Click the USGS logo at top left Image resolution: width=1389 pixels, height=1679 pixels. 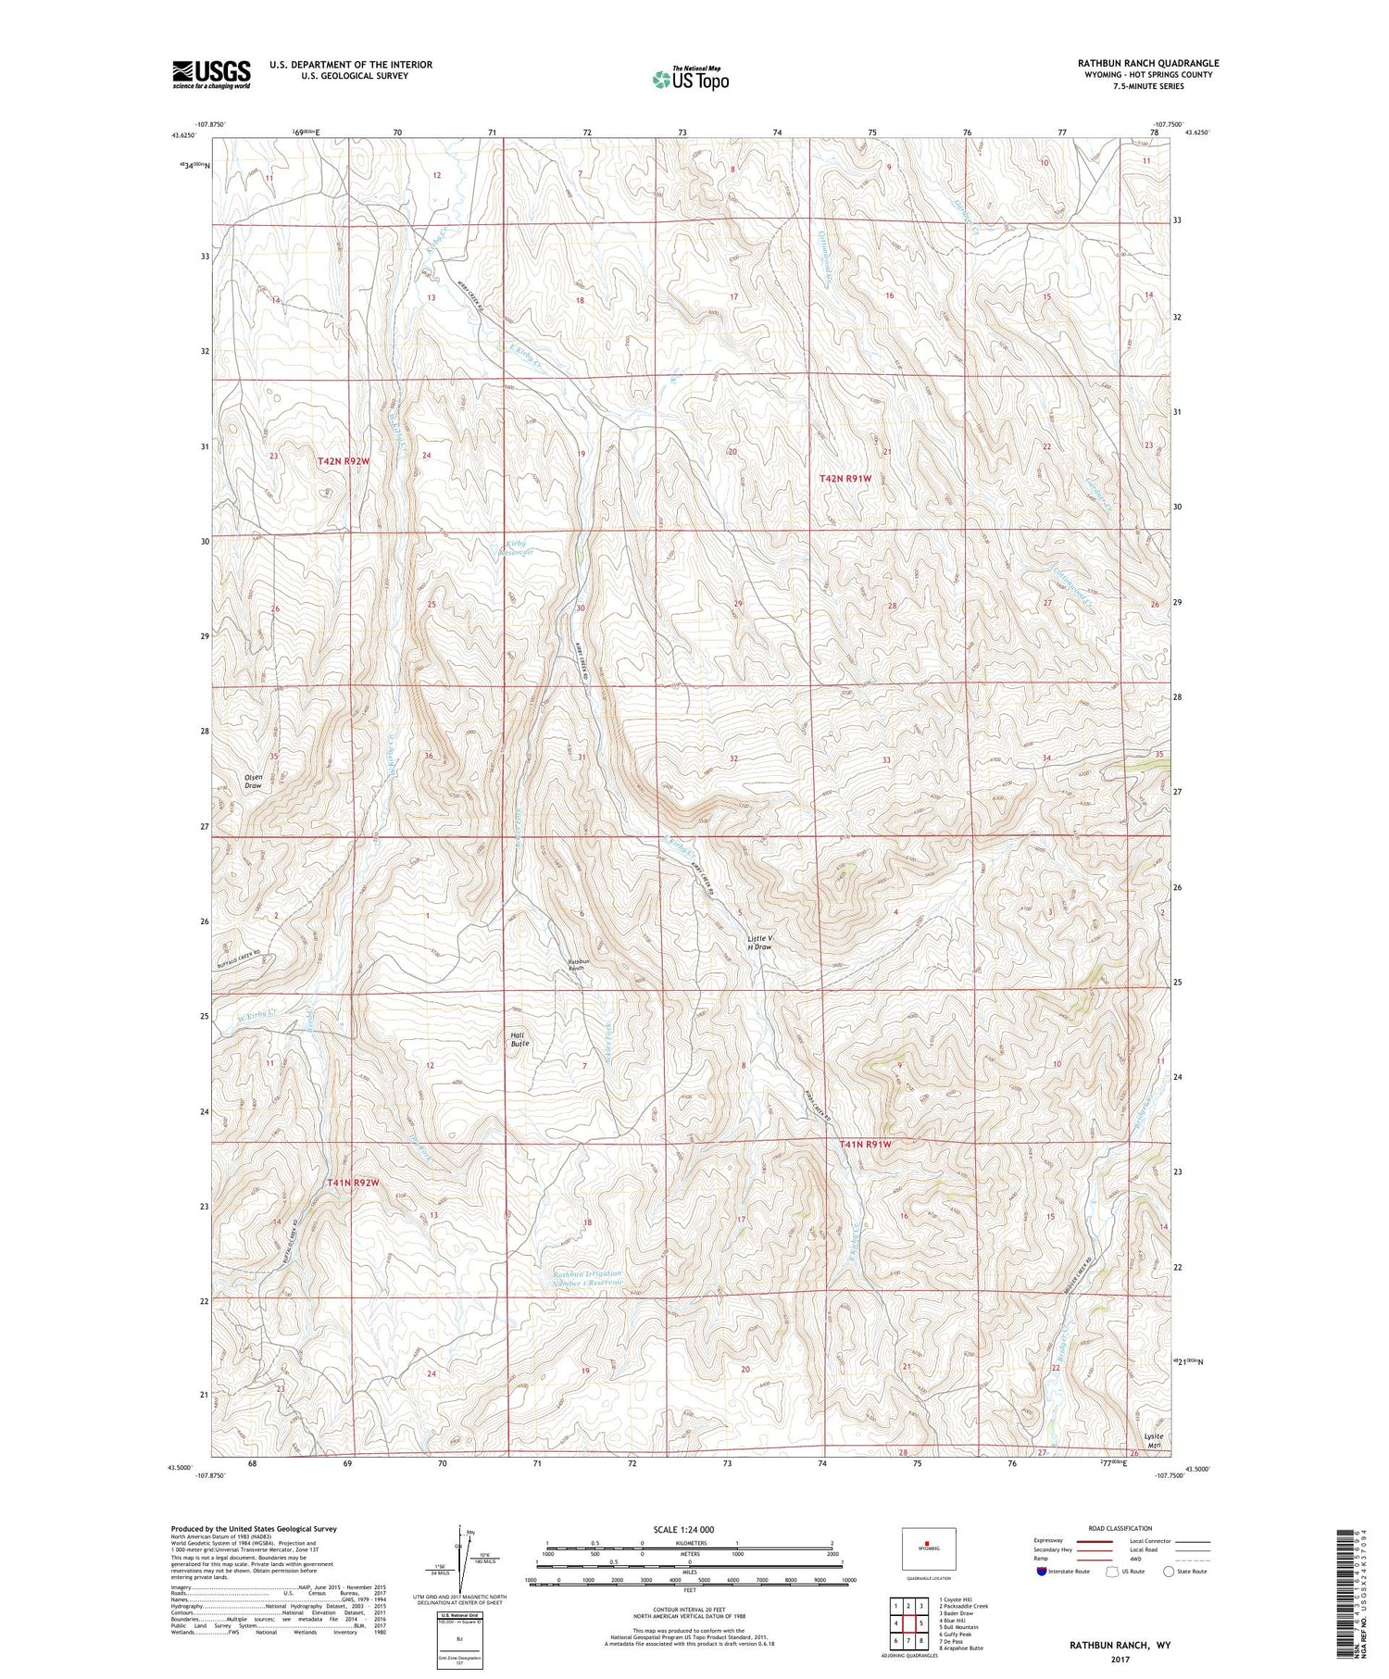pyautogui.click(x=211, y=74)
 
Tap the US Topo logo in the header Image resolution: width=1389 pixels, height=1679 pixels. pyautogui.click(x=690, y=79)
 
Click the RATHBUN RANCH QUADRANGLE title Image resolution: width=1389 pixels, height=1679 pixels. pyautogui.click(x=1148, y=63)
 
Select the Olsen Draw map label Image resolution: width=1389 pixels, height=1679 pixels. pyautogui.click(x=253, y=781)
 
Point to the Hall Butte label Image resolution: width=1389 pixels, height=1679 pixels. pyautogui.click(x=519, y=1039)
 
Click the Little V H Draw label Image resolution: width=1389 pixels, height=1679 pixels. pyautogui.click(x=759, y=943)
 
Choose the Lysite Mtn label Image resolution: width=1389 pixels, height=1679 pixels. pyautogui.click(x=1152, y=1440)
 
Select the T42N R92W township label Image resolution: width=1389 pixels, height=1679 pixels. pyautogui.click(x=324, y=460)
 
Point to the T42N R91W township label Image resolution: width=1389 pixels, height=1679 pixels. pyautogui.click(x=845, y=478)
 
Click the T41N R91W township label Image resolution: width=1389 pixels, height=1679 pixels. pyautogui.click(x=865, y=1145)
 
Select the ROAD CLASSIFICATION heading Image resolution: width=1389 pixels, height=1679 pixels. pyautogui.click(x=1120, y=1528)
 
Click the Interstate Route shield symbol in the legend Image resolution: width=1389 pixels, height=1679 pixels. pyautogui.click(x=1042, y=1572)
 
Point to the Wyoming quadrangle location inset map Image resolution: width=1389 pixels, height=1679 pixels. pyautogui.click(x=929, y=1548)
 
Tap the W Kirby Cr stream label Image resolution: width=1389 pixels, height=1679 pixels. pyautogui.click(x=257, y=1014)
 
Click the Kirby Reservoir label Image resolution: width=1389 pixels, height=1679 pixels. pyautogui.click(x=517, y=547)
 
